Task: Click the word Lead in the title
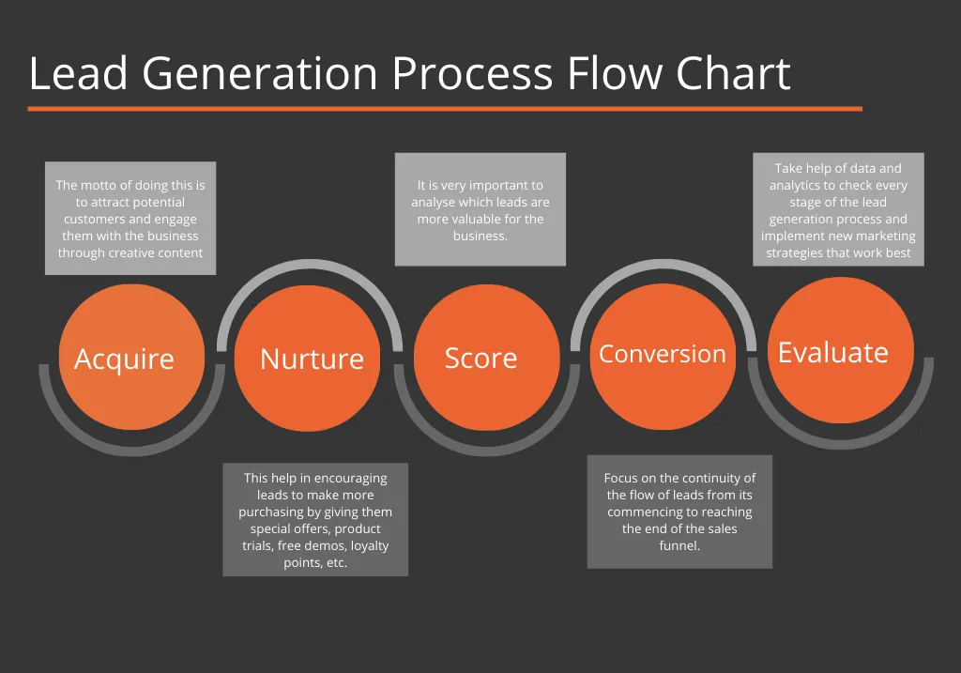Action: [x=78, y=74]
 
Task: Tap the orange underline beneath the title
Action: [x=445, y=109]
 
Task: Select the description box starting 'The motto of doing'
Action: [x=130, y=218]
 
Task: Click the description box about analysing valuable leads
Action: [x=480, y=209]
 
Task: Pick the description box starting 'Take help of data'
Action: [x=838, y=209]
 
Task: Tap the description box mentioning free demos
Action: [x=315, y=519]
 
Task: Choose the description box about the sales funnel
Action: [x=679, y=512]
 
